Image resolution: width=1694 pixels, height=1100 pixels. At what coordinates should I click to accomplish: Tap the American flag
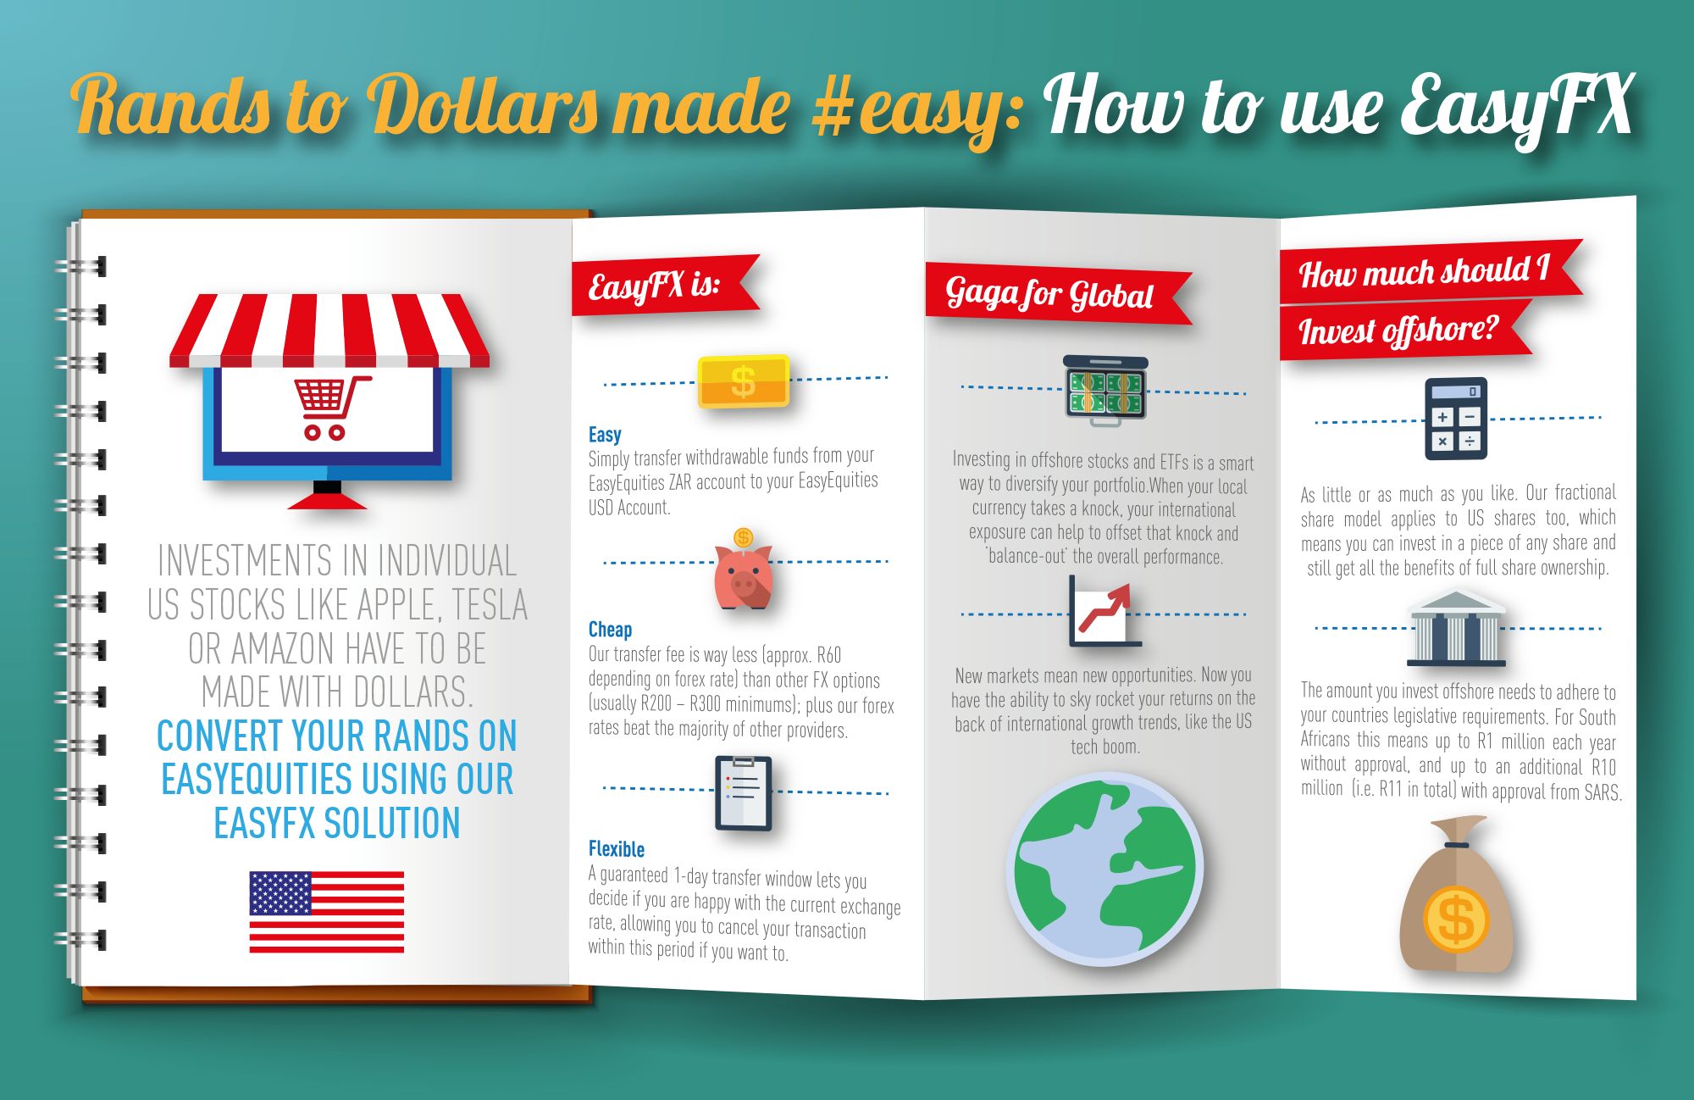pos(326,912)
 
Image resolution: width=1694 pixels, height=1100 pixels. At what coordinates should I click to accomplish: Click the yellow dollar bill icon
pos(743,381)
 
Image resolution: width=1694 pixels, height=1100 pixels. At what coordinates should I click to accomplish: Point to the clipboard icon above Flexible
pos(743,792)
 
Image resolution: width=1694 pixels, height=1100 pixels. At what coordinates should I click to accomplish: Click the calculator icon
pos(1456,419)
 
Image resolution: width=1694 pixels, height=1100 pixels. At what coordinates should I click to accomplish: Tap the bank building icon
pos(1456,629)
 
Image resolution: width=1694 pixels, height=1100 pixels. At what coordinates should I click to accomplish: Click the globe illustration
pos(1104,869)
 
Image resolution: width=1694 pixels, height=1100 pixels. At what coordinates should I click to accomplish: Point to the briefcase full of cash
pos(1105,391)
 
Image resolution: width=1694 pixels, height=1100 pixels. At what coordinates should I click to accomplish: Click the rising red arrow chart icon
pos(1104,612)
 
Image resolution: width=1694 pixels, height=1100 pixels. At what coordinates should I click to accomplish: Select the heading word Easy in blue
pos(605,435)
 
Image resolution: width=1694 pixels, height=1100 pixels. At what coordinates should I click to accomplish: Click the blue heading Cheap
pos(610,630)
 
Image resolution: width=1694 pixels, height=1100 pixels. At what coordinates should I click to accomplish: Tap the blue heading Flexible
pos(617,849)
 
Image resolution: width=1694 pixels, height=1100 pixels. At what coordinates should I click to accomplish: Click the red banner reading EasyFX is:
pos(666,286)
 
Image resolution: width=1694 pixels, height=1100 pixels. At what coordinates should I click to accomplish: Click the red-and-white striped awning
pos(329,331)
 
